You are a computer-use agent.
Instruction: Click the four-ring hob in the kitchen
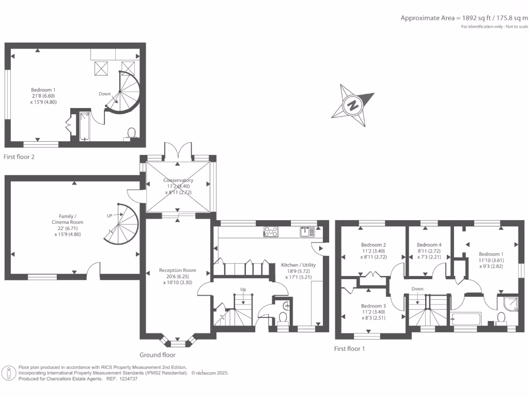coord(270,232)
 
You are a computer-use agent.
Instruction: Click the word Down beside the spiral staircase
coord(105,94)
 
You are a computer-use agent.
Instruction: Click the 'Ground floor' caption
coord(158,355)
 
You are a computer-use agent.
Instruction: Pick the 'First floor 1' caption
coord(349,349)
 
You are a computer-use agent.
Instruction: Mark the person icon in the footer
coord(9,373)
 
